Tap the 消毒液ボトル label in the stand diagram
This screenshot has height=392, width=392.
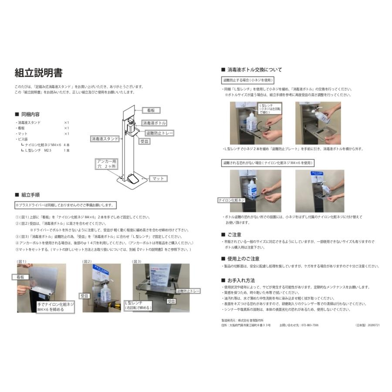(x=154, y=123)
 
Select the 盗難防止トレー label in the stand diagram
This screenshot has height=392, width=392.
(x=160, y=133)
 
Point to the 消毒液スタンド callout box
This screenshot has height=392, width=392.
(x=105, y=139)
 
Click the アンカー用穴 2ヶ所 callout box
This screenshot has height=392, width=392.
(x=107, y=164)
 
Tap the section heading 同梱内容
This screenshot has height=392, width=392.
(x=30, y=114)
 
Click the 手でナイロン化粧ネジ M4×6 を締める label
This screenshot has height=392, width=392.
(x=55, y=307)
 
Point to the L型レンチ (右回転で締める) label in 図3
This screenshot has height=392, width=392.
(x=139, y=304)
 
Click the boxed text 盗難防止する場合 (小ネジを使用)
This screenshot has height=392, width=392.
(x=247, y=80)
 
